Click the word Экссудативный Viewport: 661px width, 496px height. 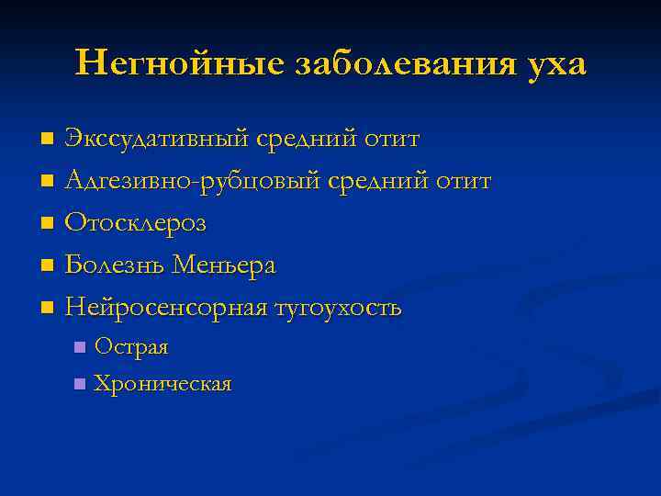click(x=157, y=139)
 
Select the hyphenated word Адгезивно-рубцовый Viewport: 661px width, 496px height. click(x=194, y=181)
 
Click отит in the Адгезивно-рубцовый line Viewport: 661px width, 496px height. click(x=462, y=181)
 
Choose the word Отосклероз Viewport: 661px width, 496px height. click(x=136, y=223)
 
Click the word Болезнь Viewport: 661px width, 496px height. click(x=117, y=265)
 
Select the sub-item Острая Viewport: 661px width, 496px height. click(x=131, y=347)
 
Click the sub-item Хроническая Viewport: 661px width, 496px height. click(x=162, y=383)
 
